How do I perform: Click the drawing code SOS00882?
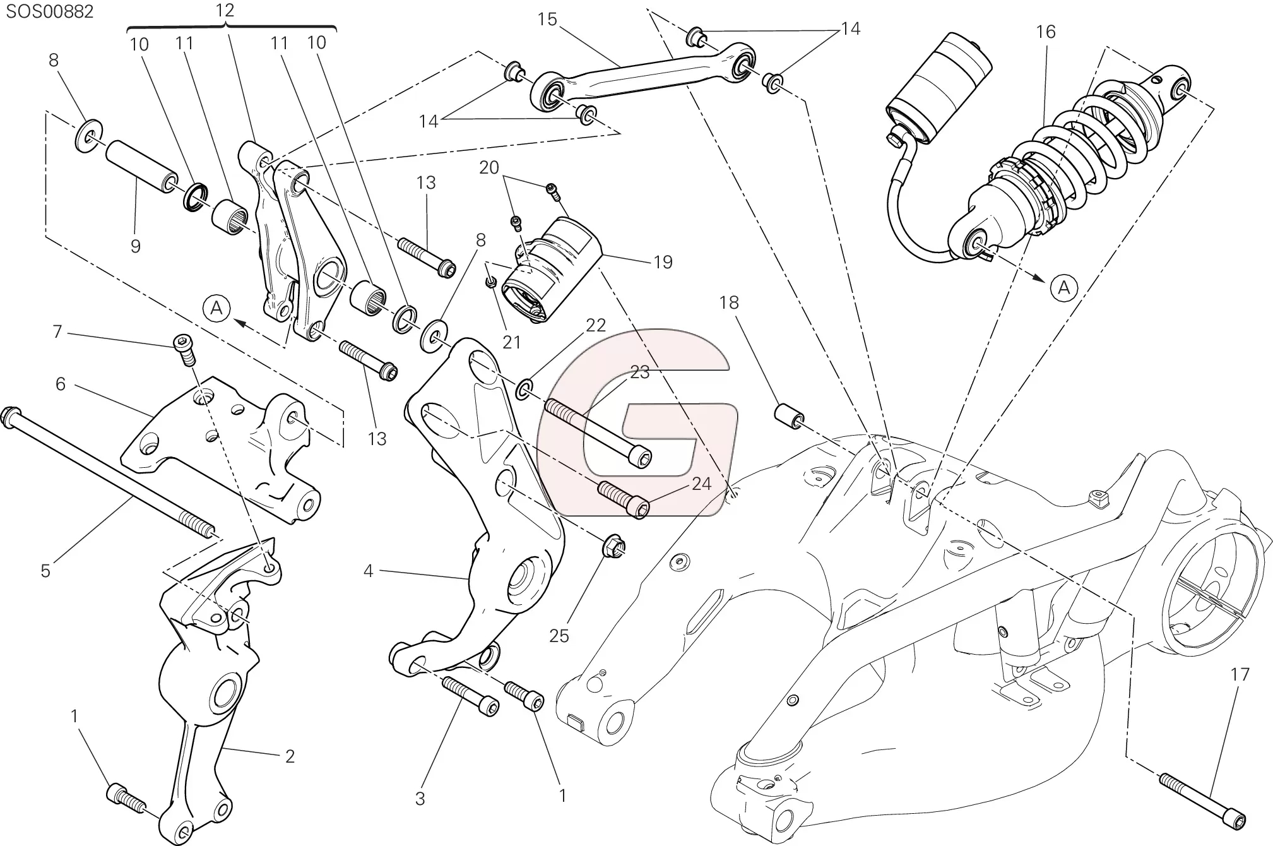(50, 12)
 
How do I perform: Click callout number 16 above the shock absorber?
(1045, 32)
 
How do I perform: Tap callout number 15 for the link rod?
(547, 20)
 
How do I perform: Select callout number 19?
(663, 261)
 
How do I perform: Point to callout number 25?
(559, 635)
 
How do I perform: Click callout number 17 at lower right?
(1240, 674)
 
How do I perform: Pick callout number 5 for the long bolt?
(45, 571)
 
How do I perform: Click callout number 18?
(728, 303)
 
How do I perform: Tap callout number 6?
(61, 384)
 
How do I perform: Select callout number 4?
(368, 571)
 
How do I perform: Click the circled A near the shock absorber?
(1063, 288)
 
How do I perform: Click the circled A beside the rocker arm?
(216, 309)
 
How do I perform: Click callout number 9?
(135, 246)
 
